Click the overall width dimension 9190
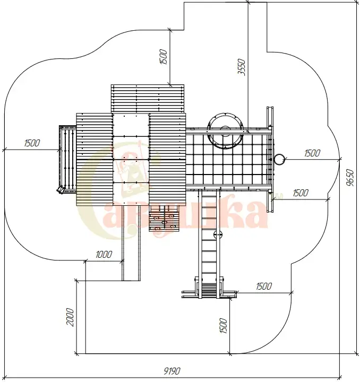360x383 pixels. tap(172, 371)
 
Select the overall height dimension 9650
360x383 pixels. tap(350, 178)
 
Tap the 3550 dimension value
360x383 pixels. tap(242, 67)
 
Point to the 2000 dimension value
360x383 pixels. tap(70, 317)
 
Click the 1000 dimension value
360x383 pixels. tap(104, 255)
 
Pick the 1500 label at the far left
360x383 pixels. tap(32, 143)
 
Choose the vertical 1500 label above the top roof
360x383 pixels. tap(164, 57)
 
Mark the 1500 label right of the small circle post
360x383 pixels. tap(312, 153)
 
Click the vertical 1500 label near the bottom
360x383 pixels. tap(224, 325)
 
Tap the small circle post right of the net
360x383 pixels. tap(279, 159)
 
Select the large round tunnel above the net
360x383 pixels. tap(225, 130)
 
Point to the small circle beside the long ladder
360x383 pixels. tap(218, 235)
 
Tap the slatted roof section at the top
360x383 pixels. tap(148, 99)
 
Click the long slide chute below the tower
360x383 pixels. tap(131, 243)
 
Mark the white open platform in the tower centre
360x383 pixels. tap(131, 159)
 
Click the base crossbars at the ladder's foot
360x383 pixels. tap(209, 294)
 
